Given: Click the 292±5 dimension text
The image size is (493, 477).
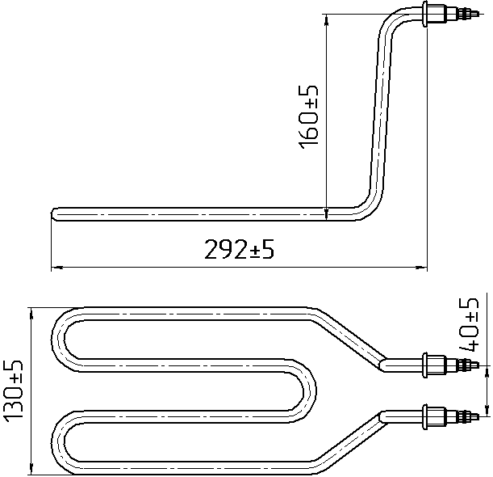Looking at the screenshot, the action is (239, 249).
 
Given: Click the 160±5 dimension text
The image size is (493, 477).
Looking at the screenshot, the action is (308, 116).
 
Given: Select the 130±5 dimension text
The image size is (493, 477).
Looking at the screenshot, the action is (13, 391).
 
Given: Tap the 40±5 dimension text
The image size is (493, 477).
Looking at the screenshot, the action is (469, 324).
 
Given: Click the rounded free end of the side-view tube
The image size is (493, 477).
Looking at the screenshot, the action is (53, 214).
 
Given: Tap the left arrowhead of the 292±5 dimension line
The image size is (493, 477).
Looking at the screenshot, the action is (57, 268).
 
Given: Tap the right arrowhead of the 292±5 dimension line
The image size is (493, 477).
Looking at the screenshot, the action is (421, 268).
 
